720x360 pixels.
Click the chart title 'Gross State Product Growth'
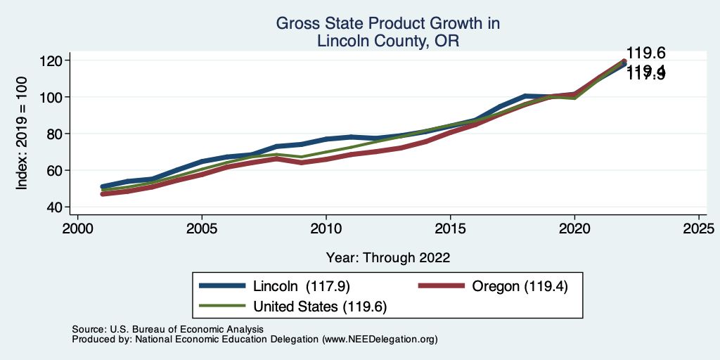tap(388, 24)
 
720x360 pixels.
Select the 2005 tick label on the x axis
tap(202, 229)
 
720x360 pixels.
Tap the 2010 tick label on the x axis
tap(326, 229)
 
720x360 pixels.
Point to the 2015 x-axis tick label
tap(450, 229)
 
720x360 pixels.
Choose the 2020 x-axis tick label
tap(574, 229)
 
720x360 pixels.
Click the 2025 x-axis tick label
tap(698, 229)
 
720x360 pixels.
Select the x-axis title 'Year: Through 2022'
tap(388, 257)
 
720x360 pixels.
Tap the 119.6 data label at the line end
tap(646, 53)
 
